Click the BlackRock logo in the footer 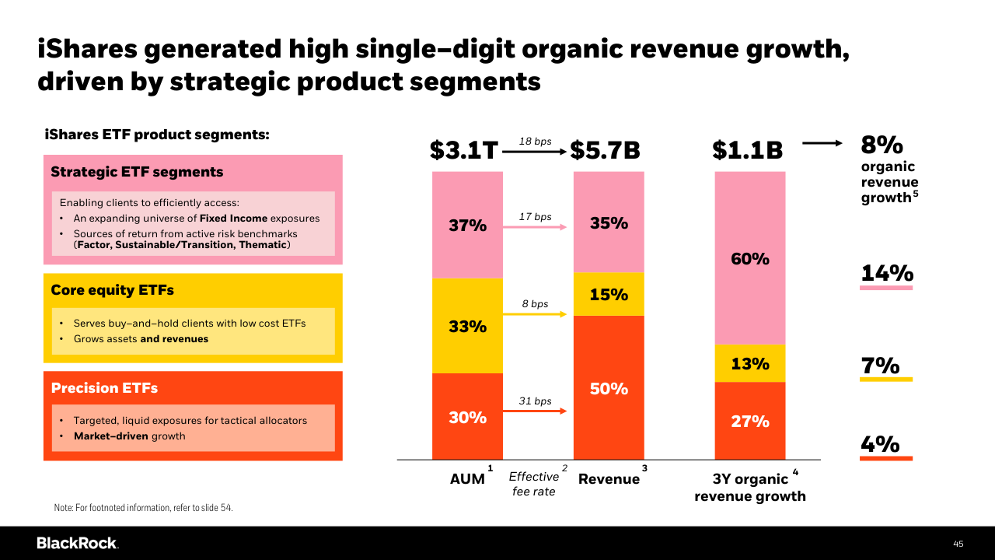tap(77, 543)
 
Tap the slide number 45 tap(958, 544)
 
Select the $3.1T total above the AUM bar tap(464, 150)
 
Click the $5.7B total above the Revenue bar tap(606, 150)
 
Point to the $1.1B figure tap(747, 150)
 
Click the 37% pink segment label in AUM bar tap(467, 226)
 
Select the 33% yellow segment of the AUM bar tap(467, 327)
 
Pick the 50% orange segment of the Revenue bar tap(609, 388)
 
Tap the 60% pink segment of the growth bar tap(750, 259)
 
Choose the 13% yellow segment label tap(750, 363)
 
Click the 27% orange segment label tap(750, 421)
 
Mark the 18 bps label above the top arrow tap(535, 142)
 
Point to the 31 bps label tap(535, 401)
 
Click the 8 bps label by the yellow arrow tap(535, 304)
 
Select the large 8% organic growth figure tap(882, 145)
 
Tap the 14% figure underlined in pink tap(886, 273)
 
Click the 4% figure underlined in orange tap(880, 444)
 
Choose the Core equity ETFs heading tap(112, 290)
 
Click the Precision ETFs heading tap(104, 387)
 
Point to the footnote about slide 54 tap(143, 508)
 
